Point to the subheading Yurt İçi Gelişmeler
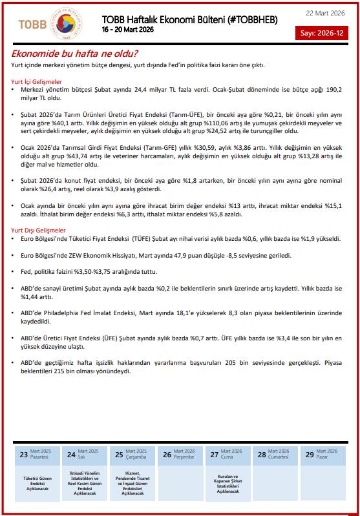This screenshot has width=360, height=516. pos(37,81)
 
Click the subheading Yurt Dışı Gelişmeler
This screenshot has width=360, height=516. pos(38,230)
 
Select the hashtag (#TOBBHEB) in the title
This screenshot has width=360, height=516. pos(249,20)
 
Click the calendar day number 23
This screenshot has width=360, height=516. pos(24,455)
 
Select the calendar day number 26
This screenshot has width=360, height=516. pos(167,455)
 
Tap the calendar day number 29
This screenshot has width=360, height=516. pos(310,455)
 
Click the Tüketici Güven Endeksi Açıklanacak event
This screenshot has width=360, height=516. pos(37,482)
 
